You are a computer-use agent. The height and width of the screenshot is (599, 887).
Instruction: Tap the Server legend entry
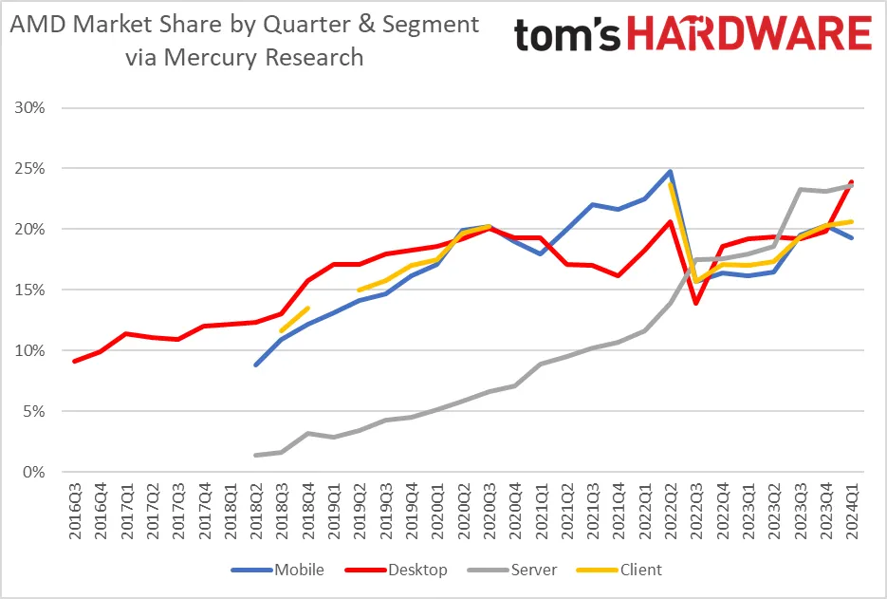pos(534,570)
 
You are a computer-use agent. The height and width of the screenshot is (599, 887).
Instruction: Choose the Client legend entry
pos(640,570)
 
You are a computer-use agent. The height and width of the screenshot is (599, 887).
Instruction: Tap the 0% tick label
pos(34,472)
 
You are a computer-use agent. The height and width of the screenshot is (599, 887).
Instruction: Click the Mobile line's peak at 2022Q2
pos(670,172)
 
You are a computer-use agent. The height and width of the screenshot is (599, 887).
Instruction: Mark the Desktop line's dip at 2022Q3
pos(696,303)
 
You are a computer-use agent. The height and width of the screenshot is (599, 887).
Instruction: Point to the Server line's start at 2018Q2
pos(256,455)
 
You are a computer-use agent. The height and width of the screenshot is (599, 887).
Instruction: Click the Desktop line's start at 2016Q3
pos(75,361)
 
